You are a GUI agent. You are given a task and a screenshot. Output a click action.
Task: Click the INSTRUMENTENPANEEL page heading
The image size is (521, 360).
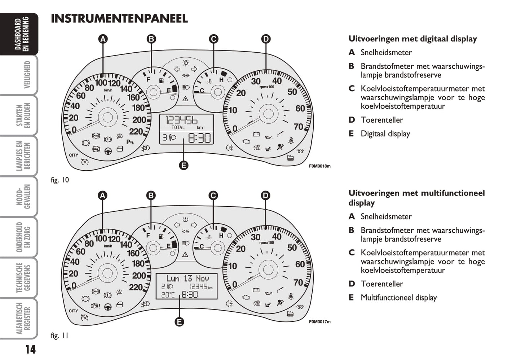click(x=119, y=18)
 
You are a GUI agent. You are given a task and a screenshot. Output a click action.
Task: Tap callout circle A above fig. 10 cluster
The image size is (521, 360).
click(x=103, y=39)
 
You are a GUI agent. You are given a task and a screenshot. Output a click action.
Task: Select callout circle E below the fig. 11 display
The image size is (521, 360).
click(x=179, y=322)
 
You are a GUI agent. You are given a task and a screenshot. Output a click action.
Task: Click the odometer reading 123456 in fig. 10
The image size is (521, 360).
click(x=181, y=120)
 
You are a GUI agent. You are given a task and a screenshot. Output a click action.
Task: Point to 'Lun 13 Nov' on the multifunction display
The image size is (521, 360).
click(x=187, y=278)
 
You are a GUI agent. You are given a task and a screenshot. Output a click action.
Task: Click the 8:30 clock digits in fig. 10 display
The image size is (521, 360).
click(x=199, y=138)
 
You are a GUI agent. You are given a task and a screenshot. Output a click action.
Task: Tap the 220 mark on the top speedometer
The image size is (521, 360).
click(x=136, y=131)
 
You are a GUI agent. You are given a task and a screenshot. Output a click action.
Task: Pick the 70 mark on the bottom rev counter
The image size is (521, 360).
click(x=298, y=282)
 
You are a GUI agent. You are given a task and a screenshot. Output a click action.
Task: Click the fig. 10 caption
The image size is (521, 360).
click(x=59, y=180)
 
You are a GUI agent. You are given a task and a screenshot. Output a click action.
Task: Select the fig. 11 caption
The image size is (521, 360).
click(x=59, y=335)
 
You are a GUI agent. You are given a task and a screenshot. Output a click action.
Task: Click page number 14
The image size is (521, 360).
click(x=30, y=349)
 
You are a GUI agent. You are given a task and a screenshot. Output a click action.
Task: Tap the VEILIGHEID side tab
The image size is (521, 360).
click(x=27, y=75)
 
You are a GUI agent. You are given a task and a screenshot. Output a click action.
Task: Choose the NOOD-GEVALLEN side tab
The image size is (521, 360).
click(x=23, y=196)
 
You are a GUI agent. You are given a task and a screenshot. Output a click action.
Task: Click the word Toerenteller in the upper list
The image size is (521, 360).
click(x=381, y=120)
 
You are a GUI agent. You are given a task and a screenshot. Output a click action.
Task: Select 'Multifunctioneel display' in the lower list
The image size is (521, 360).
click(x=398, y=298)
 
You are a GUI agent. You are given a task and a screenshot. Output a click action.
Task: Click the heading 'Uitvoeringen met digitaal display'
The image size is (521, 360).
click(x=412, y=39)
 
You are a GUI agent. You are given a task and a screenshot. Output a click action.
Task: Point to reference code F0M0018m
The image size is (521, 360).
click(x=319, y=166)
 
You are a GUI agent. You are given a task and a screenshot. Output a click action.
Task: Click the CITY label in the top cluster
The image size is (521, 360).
click(x=74, y=155)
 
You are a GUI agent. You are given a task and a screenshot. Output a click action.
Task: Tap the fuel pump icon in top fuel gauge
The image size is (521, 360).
click(x=161, y=80)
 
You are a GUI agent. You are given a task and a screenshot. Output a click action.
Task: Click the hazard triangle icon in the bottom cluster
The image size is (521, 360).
click(x=185, y=255)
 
